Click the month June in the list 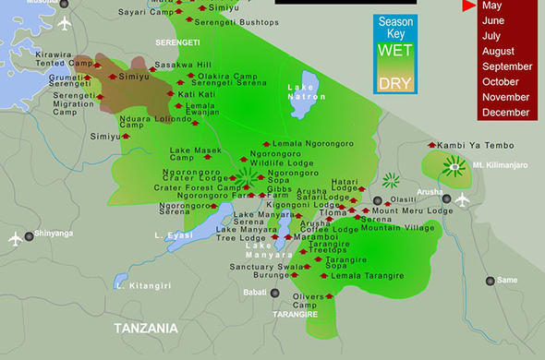[493, 20]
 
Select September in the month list [507, 66]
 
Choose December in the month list [505, 113]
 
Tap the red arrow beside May [469, 6]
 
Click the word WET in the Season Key [394, 51]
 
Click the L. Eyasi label [173, 236]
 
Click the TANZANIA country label [145, 328]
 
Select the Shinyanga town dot [29, 236]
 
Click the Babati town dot [274, 293]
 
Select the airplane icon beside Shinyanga [14, 239]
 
